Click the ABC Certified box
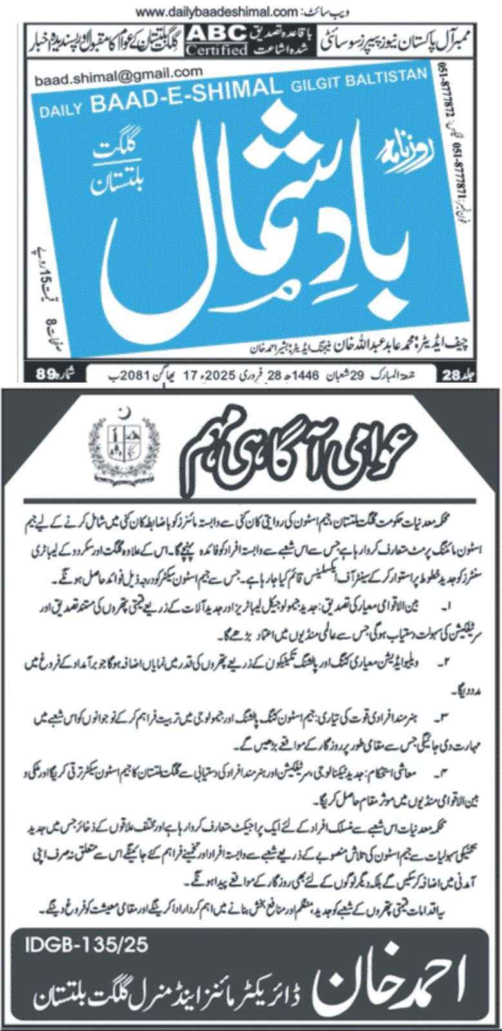point(217,40)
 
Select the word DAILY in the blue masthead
point(62,110)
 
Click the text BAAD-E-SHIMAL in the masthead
point(187,95)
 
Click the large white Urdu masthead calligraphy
point(258,219)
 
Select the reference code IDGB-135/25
point(86,945)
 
